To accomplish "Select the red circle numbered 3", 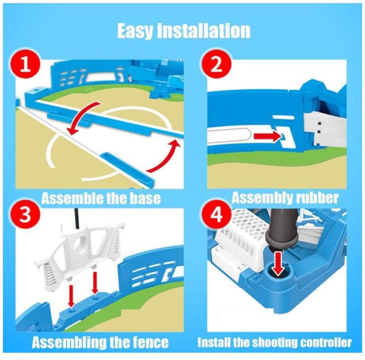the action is pyautogui.click(x=26, y=214).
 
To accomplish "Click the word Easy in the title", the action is pyautogui.click(x=135, y=31).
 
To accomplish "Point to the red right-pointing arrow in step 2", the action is pyautogui.click(x=268, y=136).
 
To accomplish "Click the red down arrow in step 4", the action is pyautogui.click(x=278, y=263).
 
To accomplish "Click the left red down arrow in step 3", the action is pyautogui.click(x=71, y=292).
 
